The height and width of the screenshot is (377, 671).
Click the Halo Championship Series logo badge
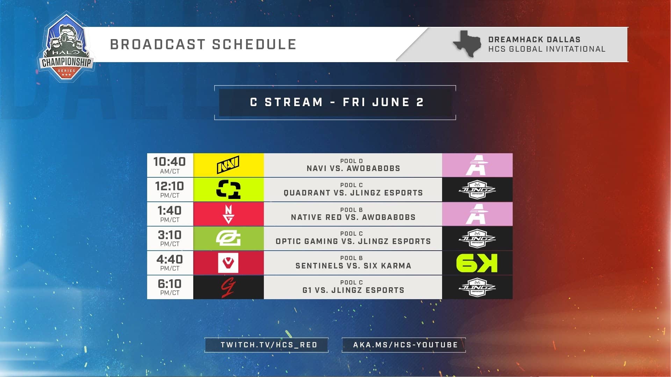66,47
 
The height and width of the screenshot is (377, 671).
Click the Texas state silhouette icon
467,44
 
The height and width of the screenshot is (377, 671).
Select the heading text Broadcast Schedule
203,45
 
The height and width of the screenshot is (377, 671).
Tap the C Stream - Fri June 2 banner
335,102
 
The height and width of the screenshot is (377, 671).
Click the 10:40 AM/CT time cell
170,165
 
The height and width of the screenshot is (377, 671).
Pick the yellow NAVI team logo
228,165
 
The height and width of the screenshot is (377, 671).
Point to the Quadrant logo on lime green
228,189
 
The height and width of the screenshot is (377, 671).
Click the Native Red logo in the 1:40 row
229,214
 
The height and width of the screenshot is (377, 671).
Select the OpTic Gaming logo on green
228,238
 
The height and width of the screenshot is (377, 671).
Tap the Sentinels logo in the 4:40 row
228,263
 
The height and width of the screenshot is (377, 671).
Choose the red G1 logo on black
228,287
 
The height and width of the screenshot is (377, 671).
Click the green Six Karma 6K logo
477,263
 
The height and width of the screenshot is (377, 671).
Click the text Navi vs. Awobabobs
353,168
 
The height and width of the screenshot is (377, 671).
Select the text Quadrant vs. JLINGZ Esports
353,193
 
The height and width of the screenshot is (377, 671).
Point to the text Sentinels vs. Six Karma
353,266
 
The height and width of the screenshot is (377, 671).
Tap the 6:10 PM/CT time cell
170,287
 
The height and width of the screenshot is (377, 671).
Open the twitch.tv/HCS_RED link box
267,345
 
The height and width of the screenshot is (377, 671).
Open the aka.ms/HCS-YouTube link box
404,345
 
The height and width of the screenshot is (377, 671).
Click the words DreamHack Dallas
534,39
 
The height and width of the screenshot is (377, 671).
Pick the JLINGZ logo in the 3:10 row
477,238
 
